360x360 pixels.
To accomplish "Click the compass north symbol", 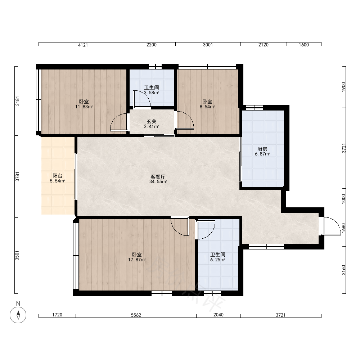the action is click(x=18, y=315).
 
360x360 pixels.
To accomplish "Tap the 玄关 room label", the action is click(x=152, y=121).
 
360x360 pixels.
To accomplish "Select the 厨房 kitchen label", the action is click(x=262, y=149).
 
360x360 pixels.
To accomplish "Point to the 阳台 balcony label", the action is click(x=57, y=176).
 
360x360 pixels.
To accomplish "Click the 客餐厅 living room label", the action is click(x=158, y=177).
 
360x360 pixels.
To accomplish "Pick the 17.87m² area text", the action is click(x=137, y=260).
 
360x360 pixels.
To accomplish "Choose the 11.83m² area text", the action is click(x=84, y=107).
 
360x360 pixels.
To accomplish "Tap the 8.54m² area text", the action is click(x=207, y=107).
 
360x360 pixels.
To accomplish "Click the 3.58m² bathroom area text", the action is click(x=152, y=93).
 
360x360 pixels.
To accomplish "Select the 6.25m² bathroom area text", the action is click(x=218, y=260).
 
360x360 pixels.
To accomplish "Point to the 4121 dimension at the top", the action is click(x=83, y=45).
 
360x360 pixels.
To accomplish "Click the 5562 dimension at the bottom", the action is click(x=136, y=315).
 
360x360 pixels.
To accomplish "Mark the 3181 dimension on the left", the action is click(x=17, y=101).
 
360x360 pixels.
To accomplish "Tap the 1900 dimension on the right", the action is click(x=343, y=87).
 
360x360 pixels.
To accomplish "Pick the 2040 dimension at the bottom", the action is click(x=219, y=315).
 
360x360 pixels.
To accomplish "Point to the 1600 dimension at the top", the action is click(x=304, y=45).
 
